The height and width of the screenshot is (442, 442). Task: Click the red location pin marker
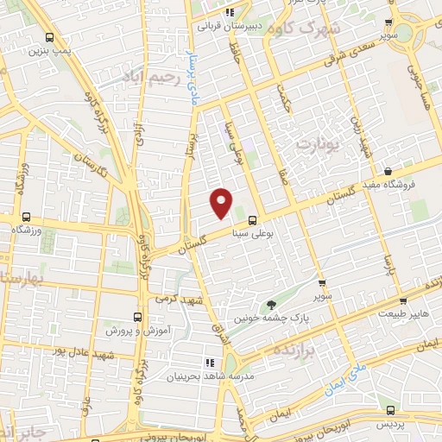[222, 202]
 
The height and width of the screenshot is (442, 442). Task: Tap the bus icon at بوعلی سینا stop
[252, 219]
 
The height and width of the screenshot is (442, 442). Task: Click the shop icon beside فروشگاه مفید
[388, 171]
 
